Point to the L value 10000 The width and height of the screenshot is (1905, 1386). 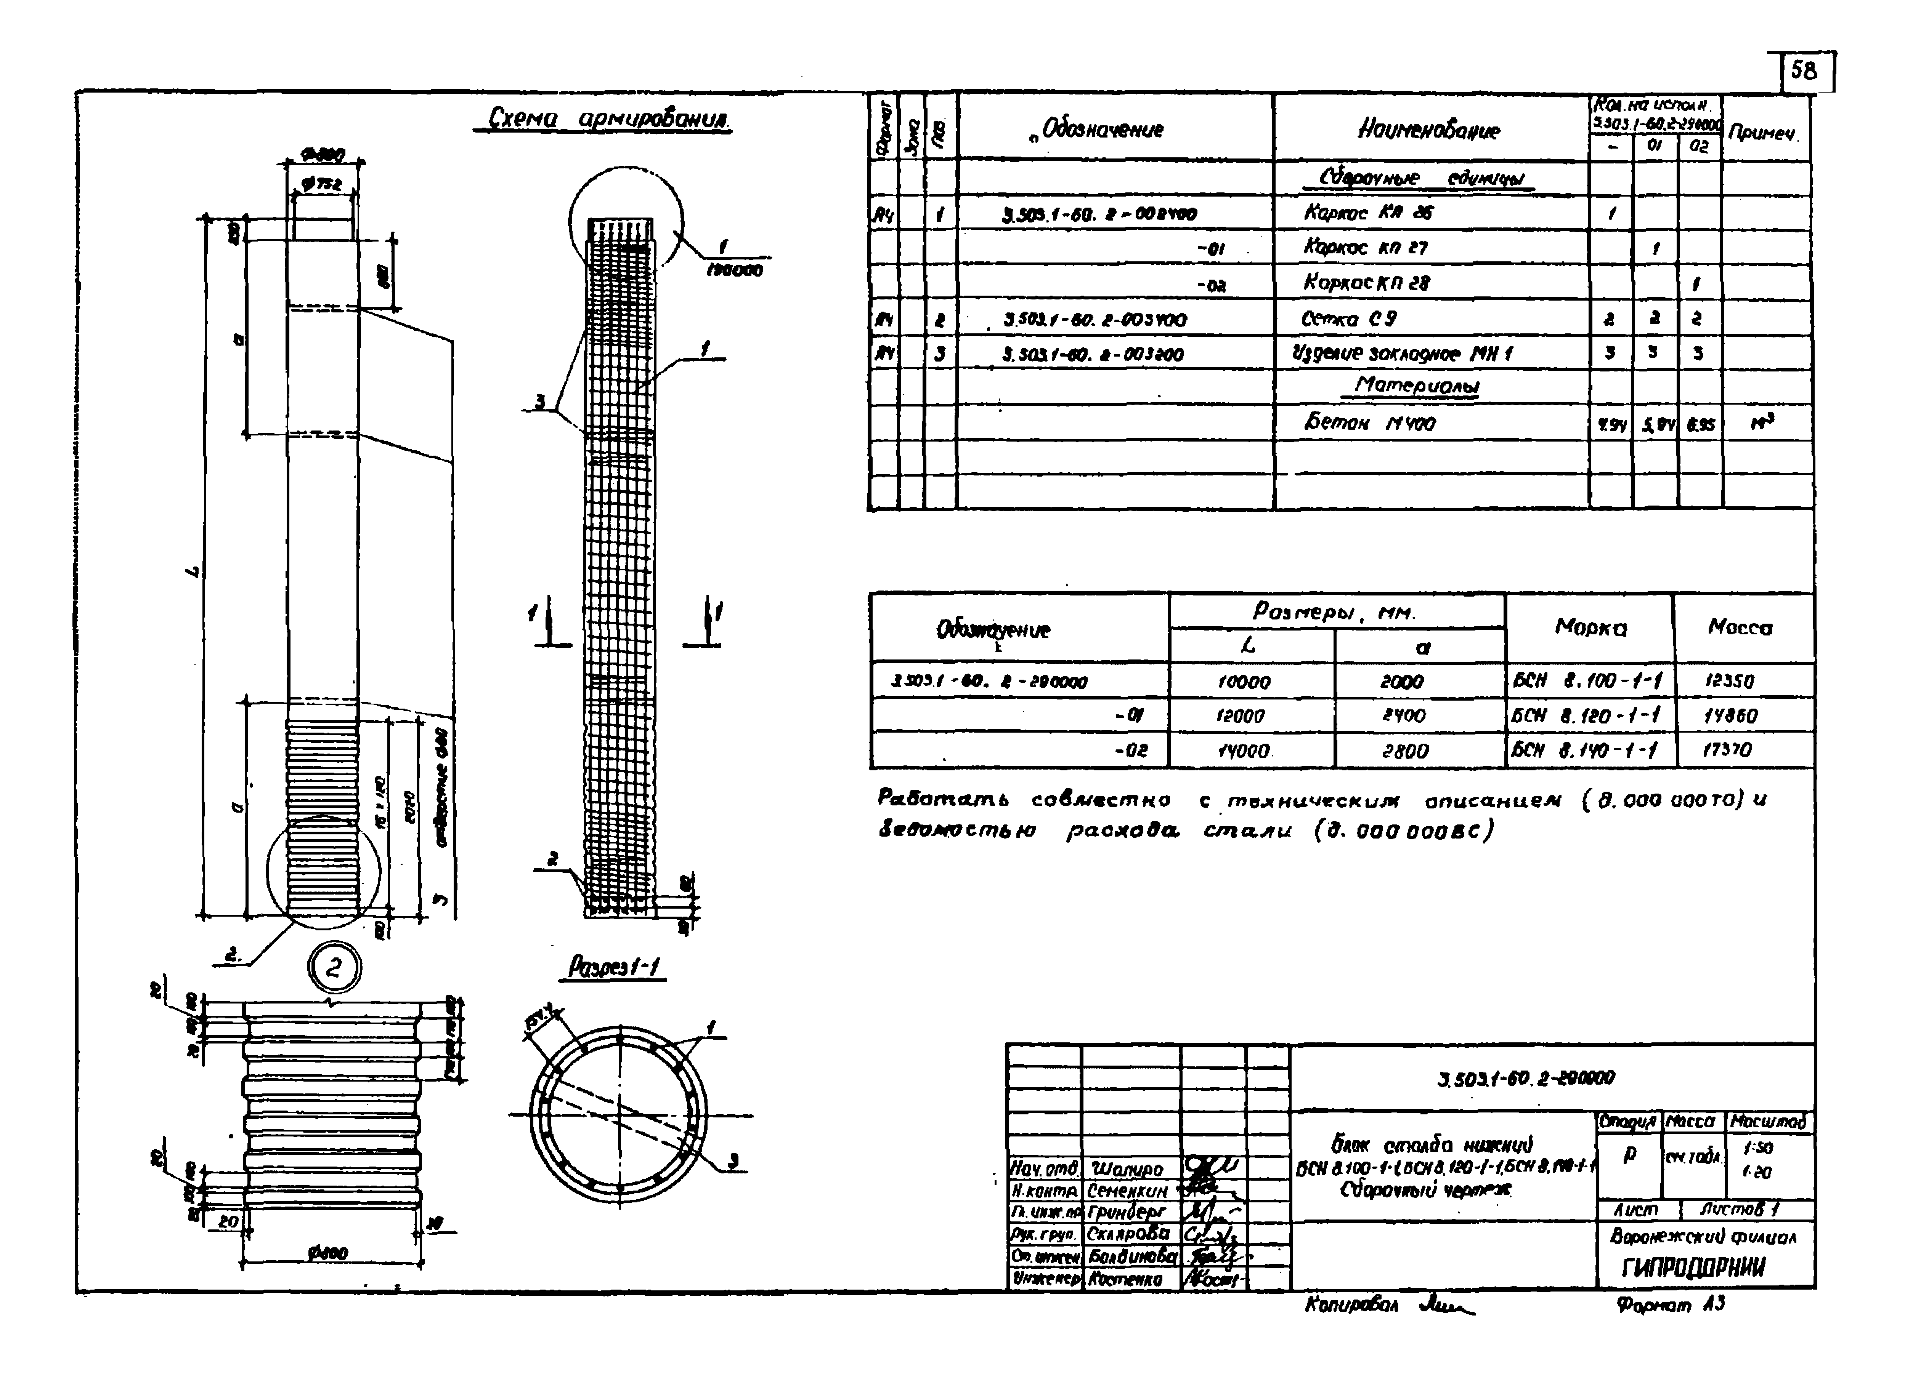(x=1244, y=682)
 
